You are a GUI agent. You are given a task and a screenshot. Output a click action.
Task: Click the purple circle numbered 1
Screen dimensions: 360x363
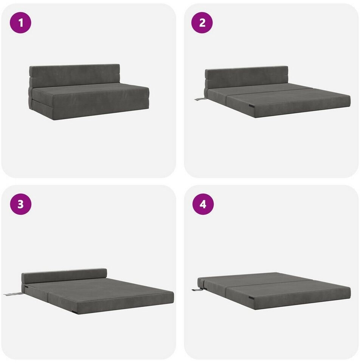[x=20, y=23]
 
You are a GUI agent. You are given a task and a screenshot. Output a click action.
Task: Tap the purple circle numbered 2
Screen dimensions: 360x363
[x=202, y=23]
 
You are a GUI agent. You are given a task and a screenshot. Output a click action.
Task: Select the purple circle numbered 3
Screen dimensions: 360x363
[x=20, y=204]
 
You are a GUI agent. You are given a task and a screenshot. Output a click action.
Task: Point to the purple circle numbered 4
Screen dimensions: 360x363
[x=203, y=204]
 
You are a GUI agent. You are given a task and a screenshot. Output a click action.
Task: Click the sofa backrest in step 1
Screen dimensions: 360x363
[x=74, y=76]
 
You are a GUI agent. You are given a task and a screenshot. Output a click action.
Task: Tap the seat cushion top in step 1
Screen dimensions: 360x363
[x=90, y=89]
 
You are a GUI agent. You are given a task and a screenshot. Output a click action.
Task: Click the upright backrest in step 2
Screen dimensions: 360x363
[x=247, y=77]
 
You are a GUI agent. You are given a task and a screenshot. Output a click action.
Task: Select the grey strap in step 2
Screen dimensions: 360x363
[x=200, y=99]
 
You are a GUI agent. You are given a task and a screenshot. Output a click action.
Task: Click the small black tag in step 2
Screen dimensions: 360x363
[x=251, y=106]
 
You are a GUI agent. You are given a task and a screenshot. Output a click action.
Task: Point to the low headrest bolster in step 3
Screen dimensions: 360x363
[x=64, y=276]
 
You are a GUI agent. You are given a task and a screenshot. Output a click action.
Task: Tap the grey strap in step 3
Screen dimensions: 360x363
[x=13, y=294]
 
